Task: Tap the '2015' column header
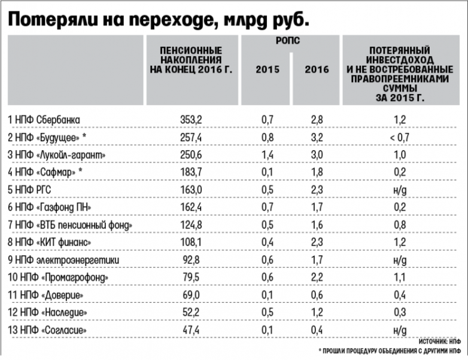pos(267,69)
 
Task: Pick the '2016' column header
pos(317,69)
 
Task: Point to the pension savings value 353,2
pos(192,120)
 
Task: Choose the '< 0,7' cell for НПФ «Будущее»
pos(400,138)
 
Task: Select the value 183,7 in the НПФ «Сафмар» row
pos(192,172)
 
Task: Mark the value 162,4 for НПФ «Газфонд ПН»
pos(192,208)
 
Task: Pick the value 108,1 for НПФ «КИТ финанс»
pos(192,242)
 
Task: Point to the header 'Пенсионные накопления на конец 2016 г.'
pos(192,60)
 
